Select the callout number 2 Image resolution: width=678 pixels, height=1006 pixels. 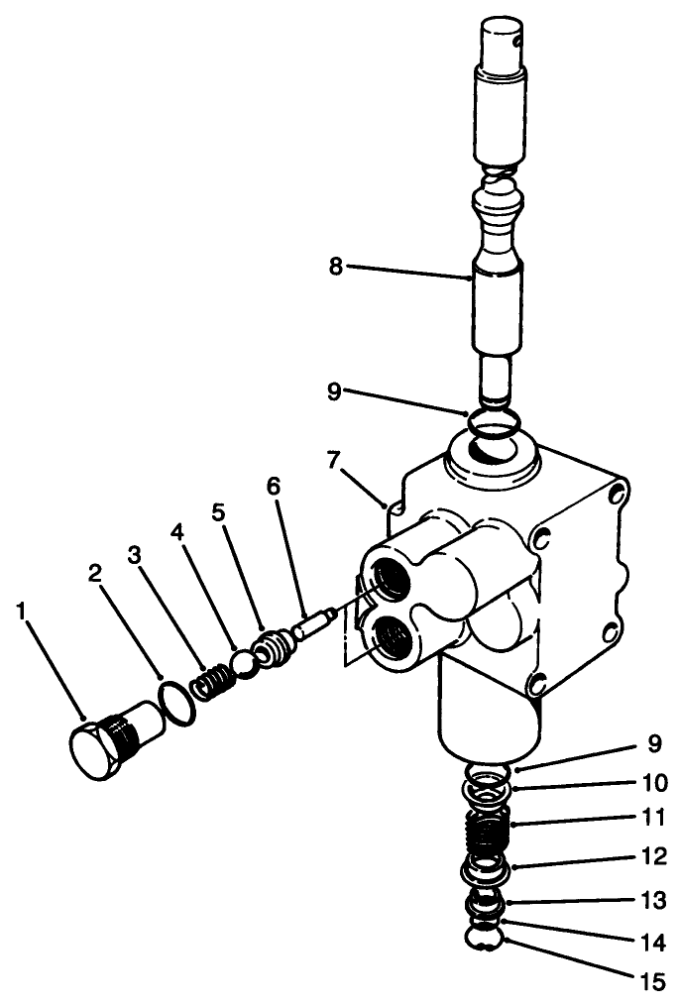click(x=95, y=572)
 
